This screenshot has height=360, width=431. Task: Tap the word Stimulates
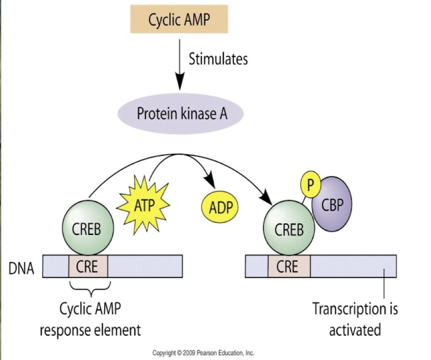(218, 59)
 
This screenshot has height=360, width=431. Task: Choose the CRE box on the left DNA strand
(89, 267)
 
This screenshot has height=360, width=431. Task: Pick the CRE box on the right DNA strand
(288, 267)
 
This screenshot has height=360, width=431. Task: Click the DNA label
(21, 267)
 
